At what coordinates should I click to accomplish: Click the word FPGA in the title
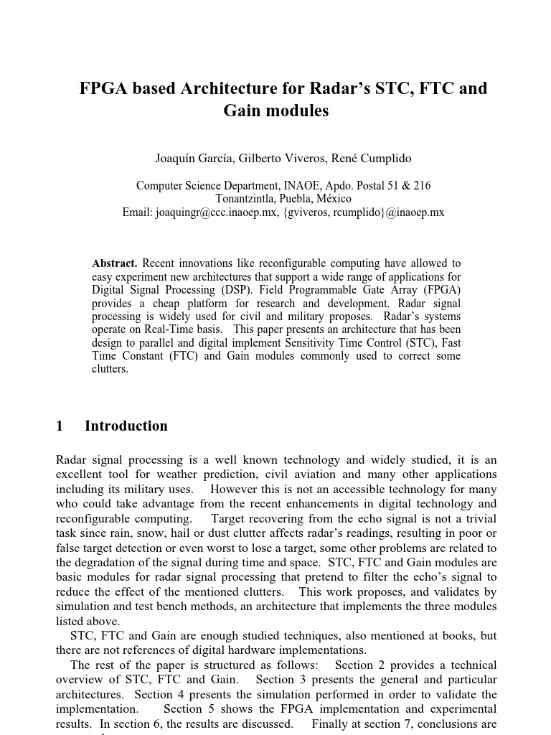tap(100, 89)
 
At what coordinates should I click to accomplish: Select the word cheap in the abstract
tap(166, 304)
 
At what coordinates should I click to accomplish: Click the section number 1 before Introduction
tap(60, 426)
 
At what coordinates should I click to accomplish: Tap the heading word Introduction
tap(126, 426)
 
